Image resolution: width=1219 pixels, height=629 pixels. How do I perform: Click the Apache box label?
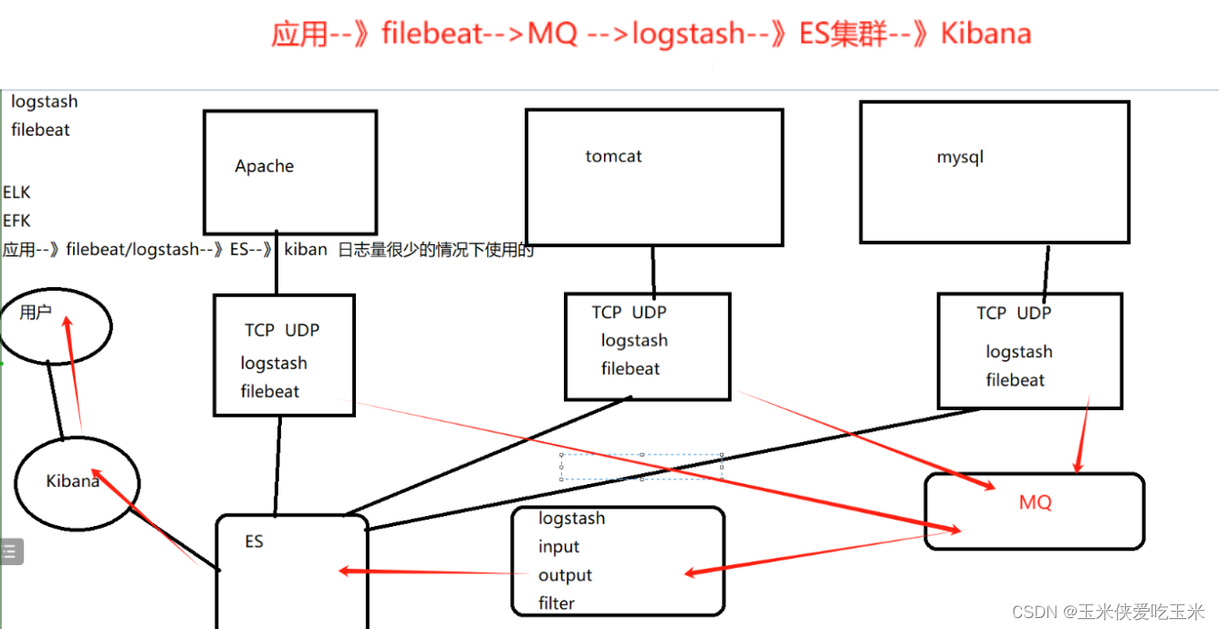click(265, 166)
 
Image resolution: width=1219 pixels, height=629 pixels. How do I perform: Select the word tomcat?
click(613, 156)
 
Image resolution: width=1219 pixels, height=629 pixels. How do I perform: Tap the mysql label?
click(960, 157)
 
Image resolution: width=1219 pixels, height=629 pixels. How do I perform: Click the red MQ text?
click(1036, 502)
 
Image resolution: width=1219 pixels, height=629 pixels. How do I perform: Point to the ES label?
click(254, 541)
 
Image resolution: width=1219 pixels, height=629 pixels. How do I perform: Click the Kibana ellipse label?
click(73, 480)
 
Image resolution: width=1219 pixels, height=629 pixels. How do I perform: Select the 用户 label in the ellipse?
click(36, 313)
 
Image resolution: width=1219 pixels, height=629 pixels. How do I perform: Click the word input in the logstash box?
click(558, 547)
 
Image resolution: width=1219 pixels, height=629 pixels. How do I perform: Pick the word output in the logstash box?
click(565, 575)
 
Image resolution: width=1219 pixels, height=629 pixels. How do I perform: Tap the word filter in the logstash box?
click(557, 603)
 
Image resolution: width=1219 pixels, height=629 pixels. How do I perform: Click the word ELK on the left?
click(16, 192)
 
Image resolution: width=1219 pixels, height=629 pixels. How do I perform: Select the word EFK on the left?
click(16, 221)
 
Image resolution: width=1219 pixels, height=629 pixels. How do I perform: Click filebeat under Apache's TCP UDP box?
click(270, 391)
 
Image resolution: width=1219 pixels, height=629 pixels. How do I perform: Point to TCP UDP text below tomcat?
click(629, 313)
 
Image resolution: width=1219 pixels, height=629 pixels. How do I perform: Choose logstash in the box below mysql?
click(1018, 352)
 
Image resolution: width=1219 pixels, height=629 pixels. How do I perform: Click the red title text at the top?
click(651, 34)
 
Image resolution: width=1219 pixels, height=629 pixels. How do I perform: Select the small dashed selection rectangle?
click(641, 466)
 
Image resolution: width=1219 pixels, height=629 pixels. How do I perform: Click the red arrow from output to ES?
click(429, 572)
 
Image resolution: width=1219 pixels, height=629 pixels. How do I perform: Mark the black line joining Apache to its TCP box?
click(276, 263)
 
